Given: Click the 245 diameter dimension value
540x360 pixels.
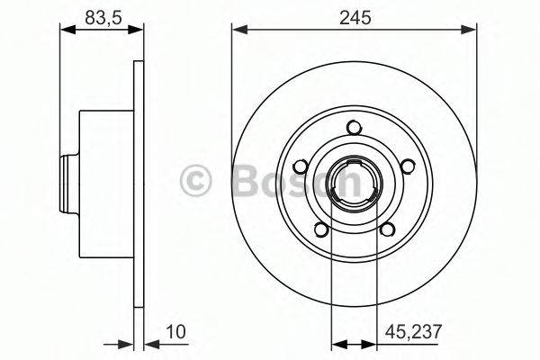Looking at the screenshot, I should pyautogui.click(x=354, y=14).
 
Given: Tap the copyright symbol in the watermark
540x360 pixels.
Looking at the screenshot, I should pyautogui.click(x=195, y=180).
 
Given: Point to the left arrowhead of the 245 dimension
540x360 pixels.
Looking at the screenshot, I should pyautogui.click(x=238, y=30).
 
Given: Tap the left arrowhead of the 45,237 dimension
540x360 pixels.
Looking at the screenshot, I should pyautogui.click(x=337, y=343).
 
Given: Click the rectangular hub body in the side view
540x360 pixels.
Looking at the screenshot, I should pyautogui.click(x=105, y=183).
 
